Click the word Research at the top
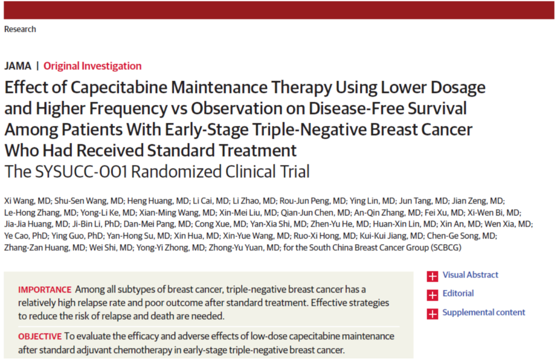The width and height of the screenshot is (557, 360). pyautogui.click(x=20, y=29)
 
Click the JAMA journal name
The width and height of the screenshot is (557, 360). pyautogui.click(x=18, y=66)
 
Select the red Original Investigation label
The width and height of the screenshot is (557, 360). pyautogui.click(x=92, y=66)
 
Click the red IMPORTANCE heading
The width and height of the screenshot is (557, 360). pyautogui.click(x=45, y=289)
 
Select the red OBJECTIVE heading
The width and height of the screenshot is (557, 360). pyautogui.click(x=40, y=336)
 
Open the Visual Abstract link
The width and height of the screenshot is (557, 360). pyautogui.click(x=470, y=275)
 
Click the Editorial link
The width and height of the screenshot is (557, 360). pyautogui.click(x=458, y=294)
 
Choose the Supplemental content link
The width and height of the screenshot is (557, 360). pyautogui.click(x=484, y=313)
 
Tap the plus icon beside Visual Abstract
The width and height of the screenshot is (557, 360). pyautogui.click(x=432, y=276)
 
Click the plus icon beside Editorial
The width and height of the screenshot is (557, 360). pyautogui.click(x=432, y=295)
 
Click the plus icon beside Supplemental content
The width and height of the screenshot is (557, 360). pyautogui.click(x=432, y=314)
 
